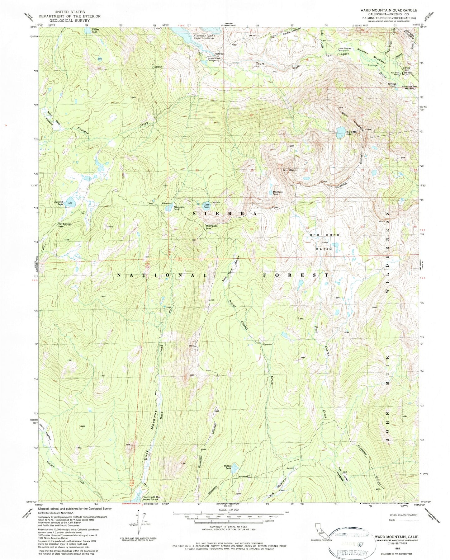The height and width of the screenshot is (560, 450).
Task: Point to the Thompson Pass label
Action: coord(211,227)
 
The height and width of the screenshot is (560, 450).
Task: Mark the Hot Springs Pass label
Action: coord(65,225)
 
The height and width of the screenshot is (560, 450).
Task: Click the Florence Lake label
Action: coord(204,36)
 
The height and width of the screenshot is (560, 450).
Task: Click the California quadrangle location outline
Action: coord(318,529)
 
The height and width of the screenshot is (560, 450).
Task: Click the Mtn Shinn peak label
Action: coord(290,170)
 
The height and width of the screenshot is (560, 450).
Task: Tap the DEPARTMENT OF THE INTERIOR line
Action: coord(69,16)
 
